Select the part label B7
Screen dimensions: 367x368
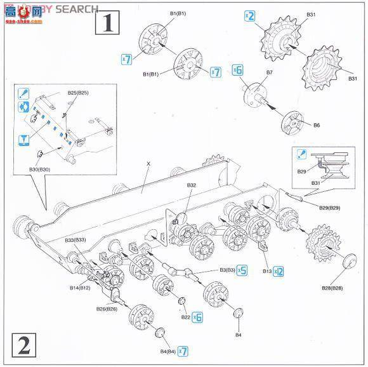(x=269, y=73)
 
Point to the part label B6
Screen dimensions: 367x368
(x=317, y=126)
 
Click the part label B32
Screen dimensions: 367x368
(x=192, y=185)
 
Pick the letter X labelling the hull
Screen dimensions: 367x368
(x=148, y=163)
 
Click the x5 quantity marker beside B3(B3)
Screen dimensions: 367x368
(x=242, y=270)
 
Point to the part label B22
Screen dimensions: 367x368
(x=185, y=317)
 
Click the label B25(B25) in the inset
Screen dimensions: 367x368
(x=78, y=93)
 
